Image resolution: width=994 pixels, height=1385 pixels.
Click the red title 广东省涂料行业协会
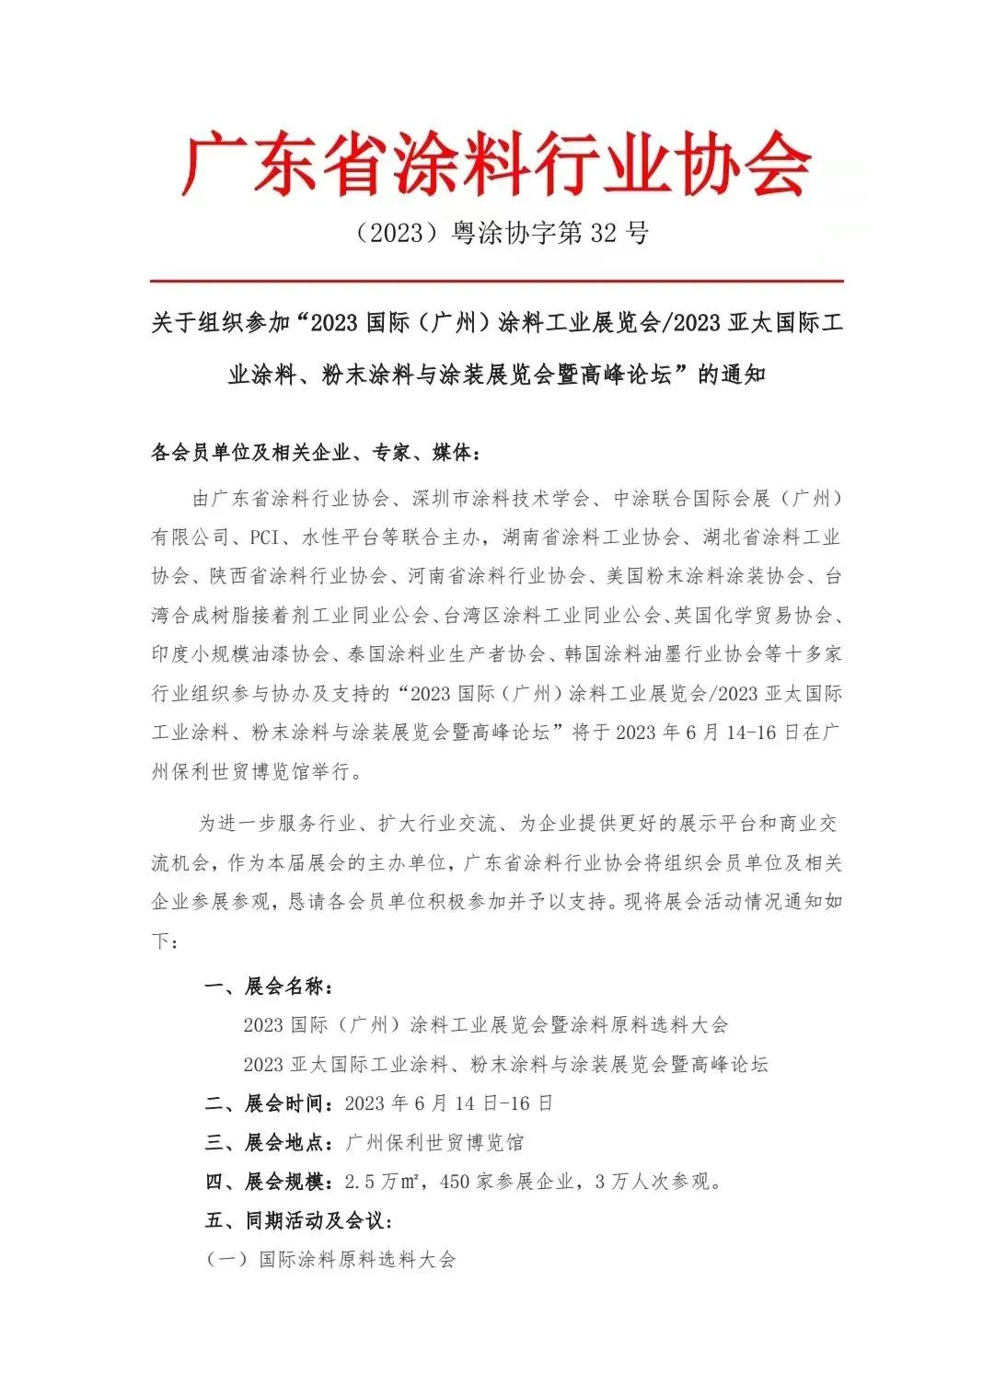tap(497, 164)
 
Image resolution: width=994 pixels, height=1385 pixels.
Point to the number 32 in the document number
tap(603, 233)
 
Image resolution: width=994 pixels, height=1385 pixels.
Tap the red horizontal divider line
tap(497, 280)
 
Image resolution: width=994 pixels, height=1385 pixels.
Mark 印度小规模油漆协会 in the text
tap(240, 654)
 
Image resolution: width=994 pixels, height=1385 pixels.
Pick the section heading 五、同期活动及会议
tap(300, 1220)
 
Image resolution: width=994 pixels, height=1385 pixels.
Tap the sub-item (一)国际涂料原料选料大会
tap(330, 1259)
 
